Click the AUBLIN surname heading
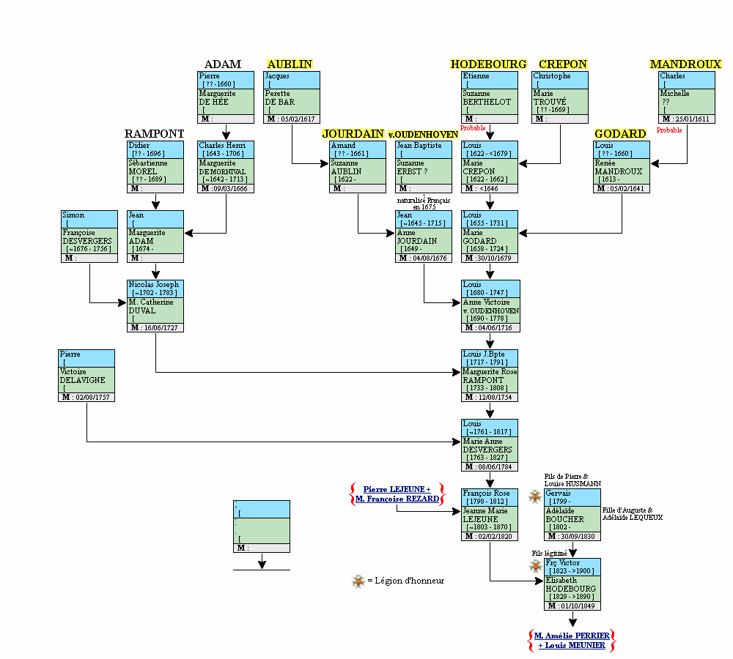click(290, 64)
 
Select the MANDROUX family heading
click(685, 64)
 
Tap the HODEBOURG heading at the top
click(488, 64)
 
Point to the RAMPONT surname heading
click(154, 134)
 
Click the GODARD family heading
click(620, 134)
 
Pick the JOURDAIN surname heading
click(353, 134)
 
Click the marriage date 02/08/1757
click(91, 397)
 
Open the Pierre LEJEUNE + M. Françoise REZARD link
click(397, 494)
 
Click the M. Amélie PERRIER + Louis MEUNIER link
click(571, 640)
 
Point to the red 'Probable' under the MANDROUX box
click(668, 130)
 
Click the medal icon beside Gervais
click(535, 496)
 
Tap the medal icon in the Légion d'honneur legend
click(358, 581)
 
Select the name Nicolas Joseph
click(153, 284)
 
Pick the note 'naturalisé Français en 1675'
click(423, 204)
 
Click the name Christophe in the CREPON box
click(551, 75)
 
